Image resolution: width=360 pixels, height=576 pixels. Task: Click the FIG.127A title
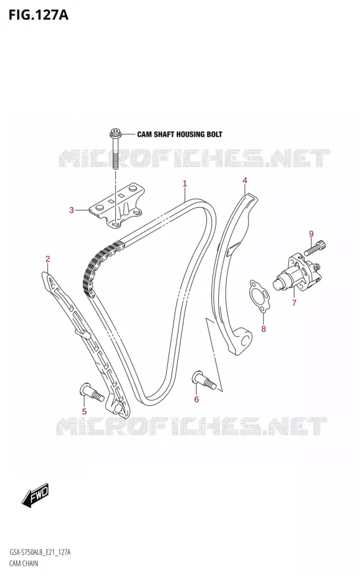click(x=38, y=15)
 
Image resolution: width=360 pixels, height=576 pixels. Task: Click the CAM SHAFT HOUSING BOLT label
click(x=180, y=134)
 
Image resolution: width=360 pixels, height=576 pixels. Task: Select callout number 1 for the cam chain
click(x=185, y=183)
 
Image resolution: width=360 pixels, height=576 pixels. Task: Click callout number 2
click(x=48, y=259)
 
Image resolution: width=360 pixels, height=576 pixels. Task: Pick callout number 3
click(x=72, y=210)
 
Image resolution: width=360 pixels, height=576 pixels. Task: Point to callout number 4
click(x=245, y=180)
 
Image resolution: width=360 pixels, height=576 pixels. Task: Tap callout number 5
click(x=84, y=411)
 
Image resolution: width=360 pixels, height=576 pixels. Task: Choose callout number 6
click(x=196, y=399)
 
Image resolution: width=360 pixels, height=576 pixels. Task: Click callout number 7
click(x=294, y=303)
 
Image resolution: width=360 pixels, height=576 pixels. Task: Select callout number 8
click(x=263, y=329)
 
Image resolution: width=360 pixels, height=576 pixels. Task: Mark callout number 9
click(x=311, y=233)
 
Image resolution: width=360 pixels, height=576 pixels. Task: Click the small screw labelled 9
click(x=315, y=248)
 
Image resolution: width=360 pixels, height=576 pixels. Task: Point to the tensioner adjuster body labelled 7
click(x=298, y=273)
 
